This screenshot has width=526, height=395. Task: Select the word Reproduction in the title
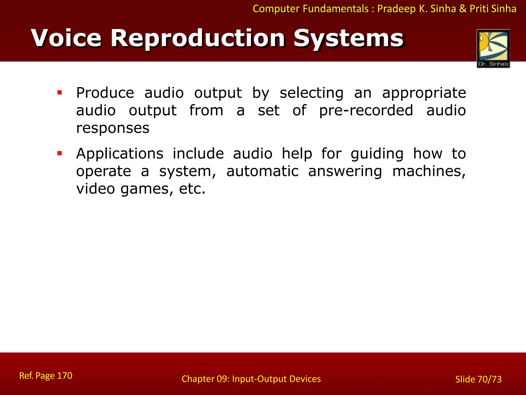tap(198, 39)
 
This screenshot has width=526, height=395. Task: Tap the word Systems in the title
tap(349, 39)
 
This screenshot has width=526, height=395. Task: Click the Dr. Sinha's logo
tap(493, 48)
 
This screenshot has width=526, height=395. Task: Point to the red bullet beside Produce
tap(60, 93)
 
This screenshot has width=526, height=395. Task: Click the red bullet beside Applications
tap(60, 154)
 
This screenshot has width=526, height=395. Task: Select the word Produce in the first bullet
tap(105, 93)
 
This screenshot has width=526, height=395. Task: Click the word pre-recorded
tap(366, 111)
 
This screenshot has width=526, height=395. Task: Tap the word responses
tap(113, 128)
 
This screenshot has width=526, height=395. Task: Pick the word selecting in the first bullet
tap(311, 93)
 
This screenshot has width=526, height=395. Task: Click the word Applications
tap(120, 154)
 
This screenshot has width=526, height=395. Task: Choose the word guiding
tap(377, 154)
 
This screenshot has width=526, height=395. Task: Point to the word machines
tap(429, 171)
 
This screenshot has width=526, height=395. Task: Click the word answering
tap(345, 172)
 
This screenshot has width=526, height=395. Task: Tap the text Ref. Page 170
tap(46, 376)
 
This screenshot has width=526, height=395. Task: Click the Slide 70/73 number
tap(478, 379)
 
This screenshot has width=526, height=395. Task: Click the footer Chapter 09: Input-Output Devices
tap(251, 379)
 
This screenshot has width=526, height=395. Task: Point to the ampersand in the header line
tap(463, 9)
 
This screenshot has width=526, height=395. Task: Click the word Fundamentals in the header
tap(336, 9)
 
